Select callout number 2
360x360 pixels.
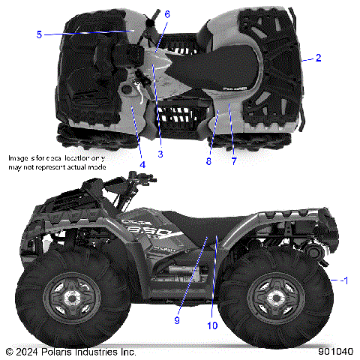click(x=318, y=58)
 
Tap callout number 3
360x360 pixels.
click(x=160, y=153)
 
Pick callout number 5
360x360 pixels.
click(x=38, y=33)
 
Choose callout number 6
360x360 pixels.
click(x=166, y=14)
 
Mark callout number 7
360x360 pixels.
click(x=233, y=160)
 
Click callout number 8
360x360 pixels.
click(x=209, y=160)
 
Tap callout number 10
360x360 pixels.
click(x=213, y=326)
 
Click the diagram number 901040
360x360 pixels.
click(x=334, y=351)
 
